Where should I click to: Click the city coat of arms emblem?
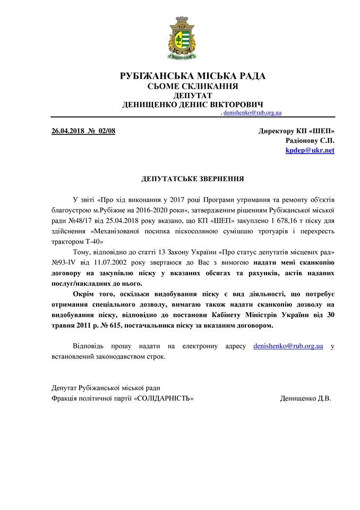point(180,37)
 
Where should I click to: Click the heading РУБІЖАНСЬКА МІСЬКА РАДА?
point(193,76)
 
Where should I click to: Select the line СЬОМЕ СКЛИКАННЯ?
point(192,86)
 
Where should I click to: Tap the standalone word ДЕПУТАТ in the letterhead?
point(192,96)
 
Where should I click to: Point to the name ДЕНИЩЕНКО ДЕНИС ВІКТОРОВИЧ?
point(193,105)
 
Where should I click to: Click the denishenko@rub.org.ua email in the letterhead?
point(252,113)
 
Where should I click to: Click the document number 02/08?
point(106,131)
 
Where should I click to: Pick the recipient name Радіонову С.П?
point(310,140)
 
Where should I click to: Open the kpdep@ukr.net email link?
point(310,150)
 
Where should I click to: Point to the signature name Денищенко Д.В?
point(305,398)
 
